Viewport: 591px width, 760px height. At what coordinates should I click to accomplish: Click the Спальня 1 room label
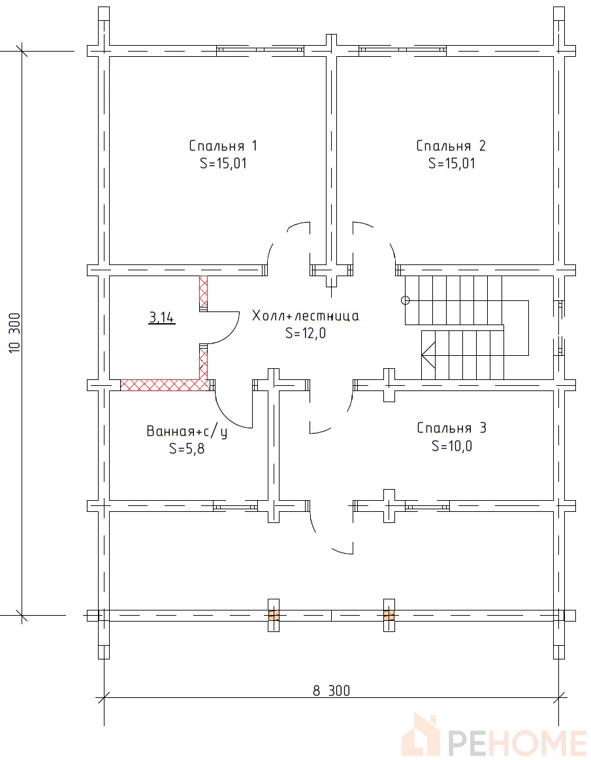tap(223, 146)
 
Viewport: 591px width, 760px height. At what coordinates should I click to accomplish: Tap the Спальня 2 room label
tap(451, 146)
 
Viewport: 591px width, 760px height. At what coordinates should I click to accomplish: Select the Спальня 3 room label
tap(451, 428)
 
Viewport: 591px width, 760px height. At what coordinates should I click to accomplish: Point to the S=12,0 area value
tap(306, 333)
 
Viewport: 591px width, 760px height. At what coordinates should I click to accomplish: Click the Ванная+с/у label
tap(187, 432)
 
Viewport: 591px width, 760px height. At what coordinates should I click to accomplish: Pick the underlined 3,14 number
tap(162, 318)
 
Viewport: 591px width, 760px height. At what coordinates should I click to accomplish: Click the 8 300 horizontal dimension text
tap(331, 690)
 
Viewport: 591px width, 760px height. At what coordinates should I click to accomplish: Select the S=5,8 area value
tap(187, 449)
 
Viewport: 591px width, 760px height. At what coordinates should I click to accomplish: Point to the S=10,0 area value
tap(452, 445)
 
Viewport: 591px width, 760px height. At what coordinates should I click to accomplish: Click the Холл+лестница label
tap(306, 316)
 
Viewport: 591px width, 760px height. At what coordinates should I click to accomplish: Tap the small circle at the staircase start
tap(406, 300)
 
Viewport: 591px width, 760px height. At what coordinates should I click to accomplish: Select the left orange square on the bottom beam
tap(274, 616)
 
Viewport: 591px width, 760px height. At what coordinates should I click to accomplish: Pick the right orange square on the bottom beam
tap(389, 616)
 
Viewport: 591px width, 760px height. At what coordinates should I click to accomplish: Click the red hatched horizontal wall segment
tap(164, 385)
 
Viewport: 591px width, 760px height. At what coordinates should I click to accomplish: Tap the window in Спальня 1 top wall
tap(260, 49)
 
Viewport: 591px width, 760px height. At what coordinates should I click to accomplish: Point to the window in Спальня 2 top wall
tap(402, 49)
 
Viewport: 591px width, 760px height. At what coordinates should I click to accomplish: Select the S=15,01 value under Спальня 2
tap(451, 163)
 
